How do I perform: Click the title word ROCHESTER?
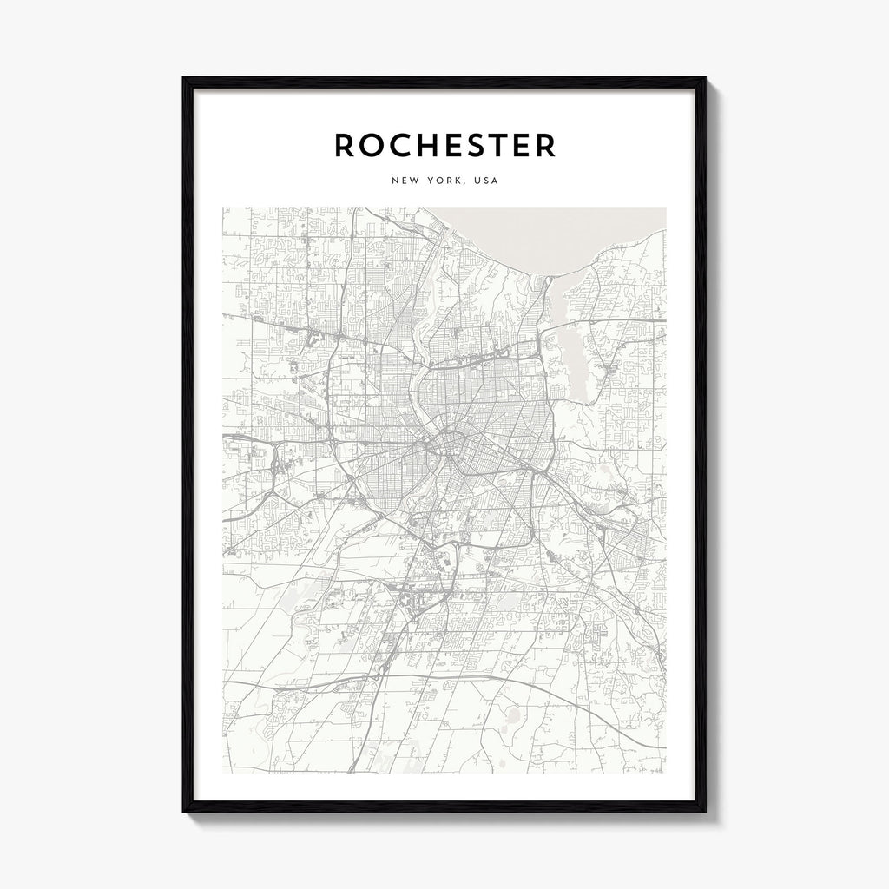pyautogui.click(x=444, y=146)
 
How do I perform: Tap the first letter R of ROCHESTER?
pyautogui.click(x=345, y=146)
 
